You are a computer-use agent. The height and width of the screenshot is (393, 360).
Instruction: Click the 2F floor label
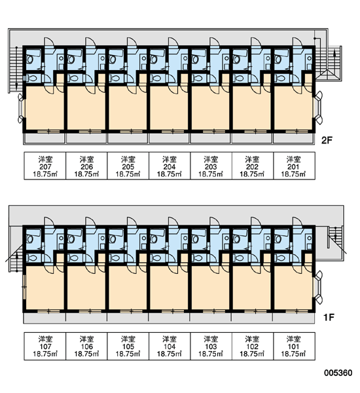pyautogui.click(x=327, y=141)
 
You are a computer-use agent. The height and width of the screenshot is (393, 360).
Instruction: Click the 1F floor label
pyautogui.click(x=329, y=318)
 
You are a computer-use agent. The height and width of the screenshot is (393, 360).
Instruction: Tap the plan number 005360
pyautogui.click(x=338, y=373)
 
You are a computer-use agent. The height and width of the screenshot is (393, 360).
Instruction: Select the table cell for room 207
pyautogui.click(x=45, y=166)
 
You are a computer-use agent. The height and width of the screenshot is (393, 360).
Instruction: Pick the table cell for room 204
pyautogui.click(x=170, y=166)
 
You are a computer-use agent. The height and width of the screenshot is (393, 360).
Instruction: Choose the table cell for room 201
pyautogui.click(x=294, y=166)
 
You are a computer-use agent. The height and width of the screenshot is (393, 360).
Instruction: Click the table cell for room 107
pyautogui.click(x=45, y=346)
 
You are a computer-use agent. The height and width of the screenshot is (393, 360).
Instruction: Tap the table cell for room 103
pyautogui.click(x=211, y=346)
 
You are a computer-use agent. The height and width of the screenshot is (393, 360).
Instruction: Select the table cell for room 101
pyautogui.click(x=294, y=346)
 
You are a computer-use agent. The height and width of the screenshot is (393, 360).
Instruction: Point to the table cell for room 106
pyautogui.click(x=86, y=346)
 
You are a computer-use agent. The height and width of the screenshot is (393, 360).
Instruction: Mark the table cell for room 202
pyautogui.click(x=253, y=166)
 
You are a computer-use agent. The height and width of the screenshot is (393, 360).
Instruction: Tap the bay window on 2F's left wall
pyautogui.click(x=21, y=108)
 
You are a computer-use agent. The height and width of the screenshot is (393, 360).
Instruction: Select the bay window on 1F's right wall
pyautogui.click(x=318, y=288)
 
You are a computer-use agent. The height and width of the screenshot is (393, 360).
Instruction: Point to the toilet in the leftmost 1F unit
pyautogui.click(x=31, y=257)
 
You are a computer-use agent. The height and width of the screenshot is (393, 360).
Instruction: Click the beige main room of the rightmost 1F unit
pyautogui.click(x=293, y=288)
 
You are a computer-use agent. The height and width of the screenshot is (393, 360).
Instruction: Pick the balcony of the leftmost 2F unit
pyautogui.click(x=45, y=138)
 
